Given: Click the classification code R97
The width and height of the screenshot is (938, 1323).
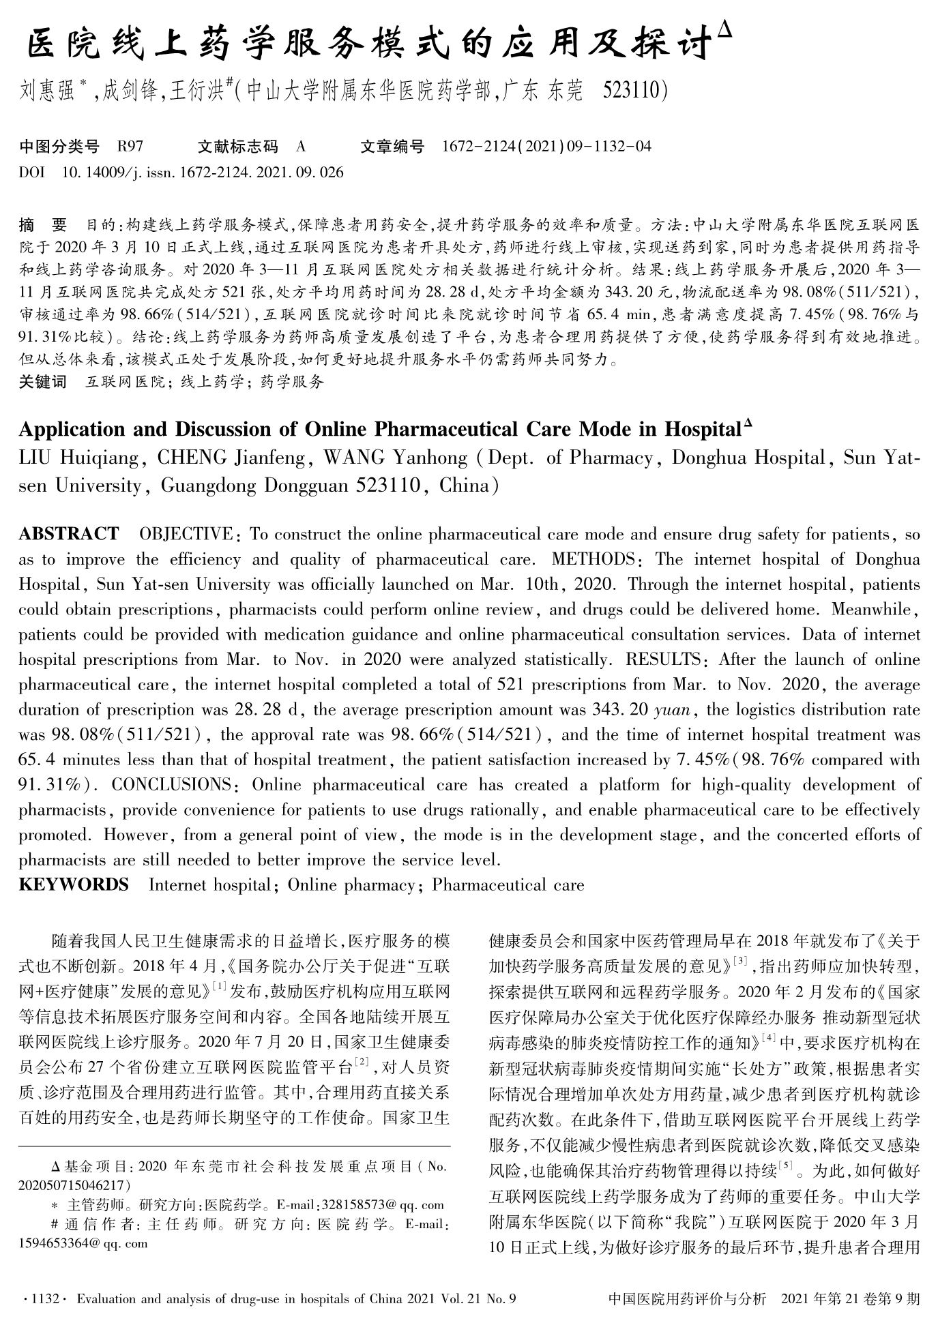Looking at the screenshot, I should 130,146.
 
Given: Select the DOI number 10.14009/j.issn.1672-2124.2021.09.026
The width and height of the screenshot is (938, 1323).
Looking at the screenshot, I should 203,172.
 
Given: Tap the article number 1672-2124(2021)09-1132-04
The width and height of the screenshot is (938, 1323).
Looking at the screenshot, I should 546,146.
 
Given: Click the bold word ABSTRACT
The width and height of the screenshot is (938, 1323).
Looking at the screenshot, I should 69,533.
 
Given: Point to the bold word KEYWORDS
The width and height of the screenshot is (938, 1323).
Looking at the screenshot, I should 74,885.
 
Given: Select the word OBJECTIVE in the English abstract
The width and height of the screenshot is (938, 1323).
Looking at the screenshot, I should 186,533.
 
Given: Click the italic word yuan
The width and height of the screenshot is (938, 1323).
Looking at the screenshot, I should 675,710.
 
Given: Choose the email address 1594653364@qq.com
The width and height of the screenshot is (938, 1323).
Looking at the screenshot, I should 83,1243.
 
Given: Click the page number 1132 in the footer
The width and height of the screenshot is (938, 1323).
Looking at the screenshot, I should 42,1299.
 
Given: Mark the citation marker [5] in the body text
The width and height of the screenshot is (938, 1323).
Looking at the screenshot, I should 785,1169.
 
